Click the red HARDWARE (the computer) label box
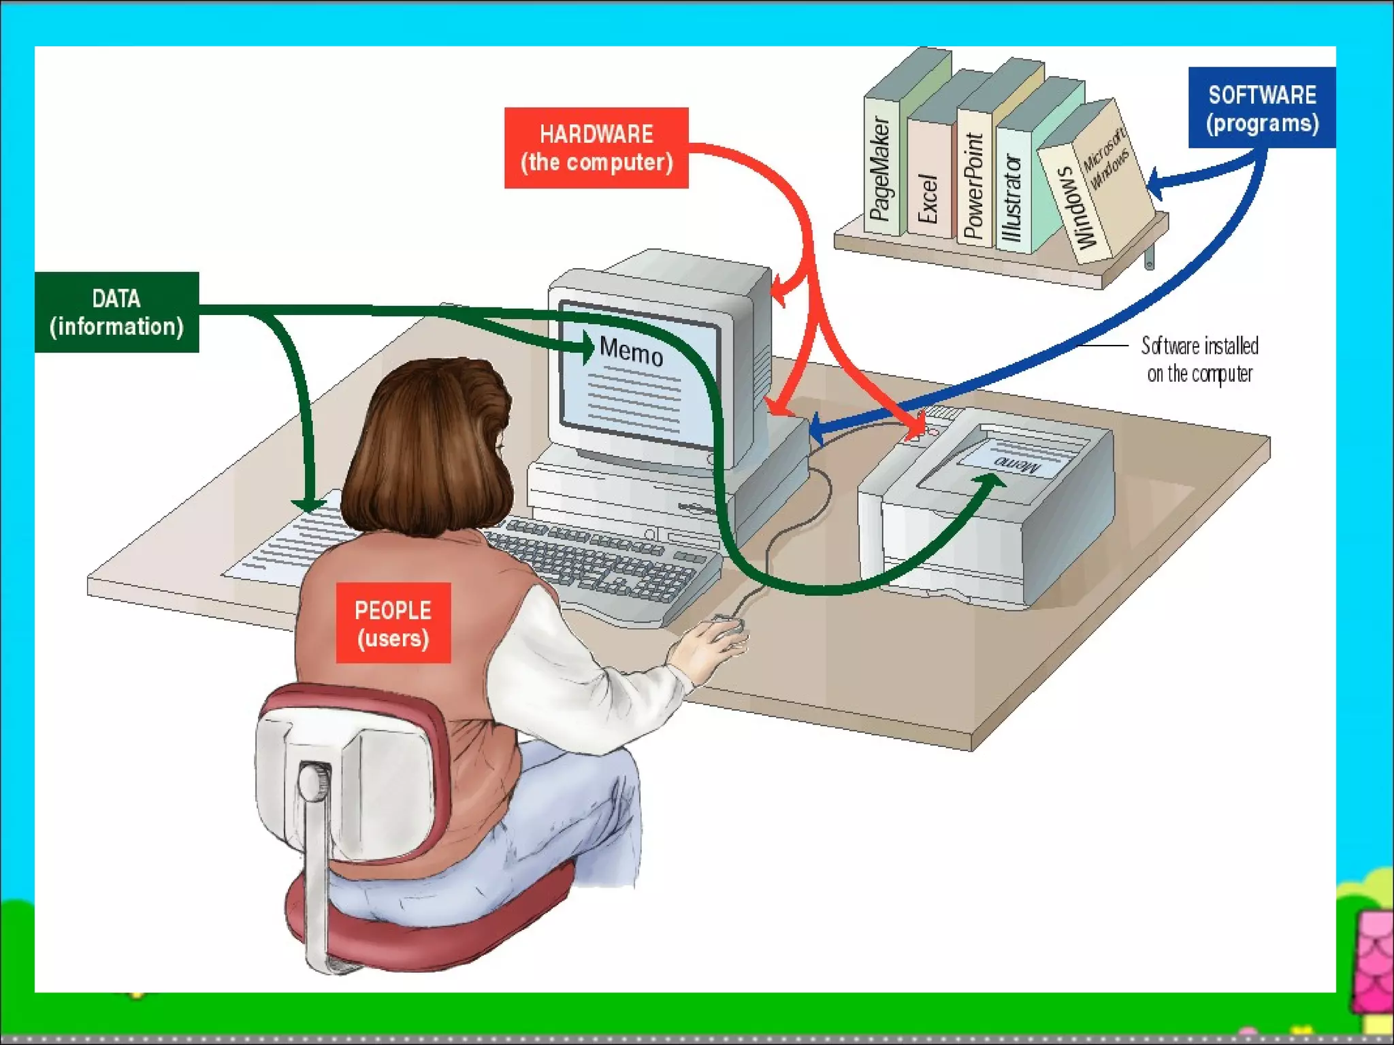click(x=596, y=148)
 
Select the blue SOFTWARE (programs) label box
click(x=1261, y=107)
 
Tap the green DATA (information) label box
click(x=116, y=312)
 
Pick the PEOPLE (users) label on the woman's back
click(x=393, y=623)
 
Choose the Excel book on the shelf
click(x=928, y=197)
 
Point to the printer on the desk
click(x=987, y=503)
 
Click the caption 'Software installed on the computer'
click(x=1199, y=359)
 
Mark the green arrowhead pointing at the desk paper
click(x=308, y=504)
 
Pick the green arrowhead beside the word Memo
click(x=585, y=348)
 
